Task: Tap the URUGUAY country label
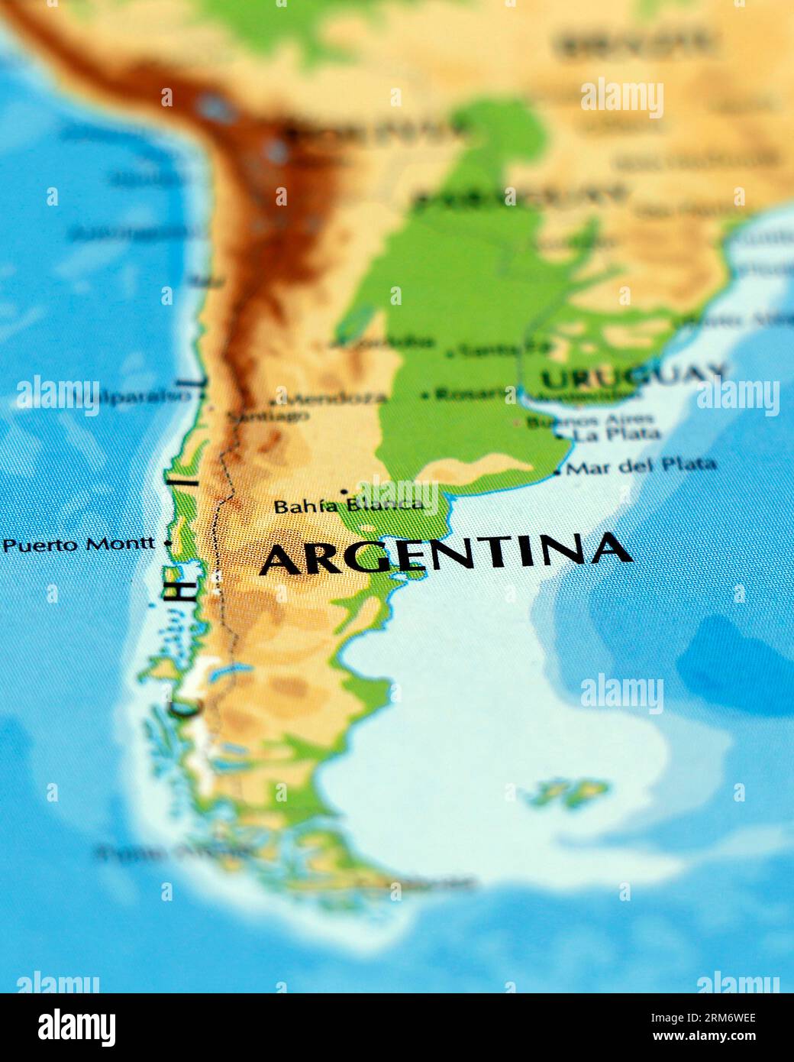(633, 375)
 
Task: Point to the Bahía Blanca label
(348, 505)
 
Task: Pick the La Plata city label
(617, 434)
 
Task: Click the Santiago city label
(268, 416)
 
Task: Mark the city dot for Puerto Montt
(168, 543)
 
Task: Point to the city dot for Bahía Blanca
(344, 491)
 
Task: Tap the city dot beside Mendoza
(273, 401)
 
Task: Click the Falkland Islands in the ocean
(569, 792)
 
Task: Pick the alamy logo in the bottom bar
(76, 1027)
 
